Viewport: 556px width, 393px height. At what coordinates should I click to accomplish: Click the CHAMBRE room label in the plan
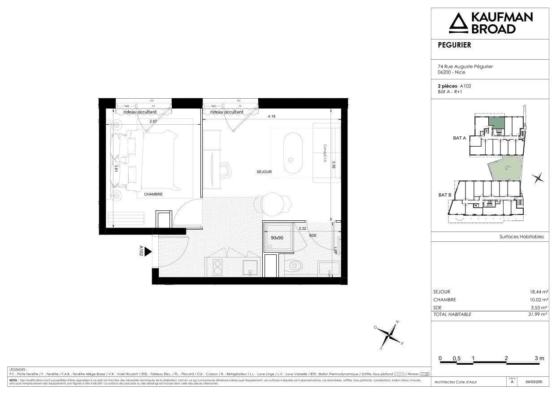[x=153, y=194]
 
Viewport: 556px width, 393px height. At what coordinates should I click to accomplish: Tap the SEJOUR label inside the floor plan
[x=265, y=172]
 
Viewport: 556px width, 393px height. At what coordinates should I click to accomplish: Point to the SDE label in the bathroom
[x=313, y=235]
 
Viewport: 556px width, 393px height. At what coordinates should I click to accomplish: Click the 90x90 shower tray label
[x=277, y=238]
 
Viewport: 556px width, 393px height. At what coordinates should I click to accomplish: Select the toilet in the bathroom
[x=294, y=266]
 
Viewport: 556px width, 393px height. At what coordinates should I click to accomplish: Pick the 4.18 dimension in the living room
[x=271, y=116]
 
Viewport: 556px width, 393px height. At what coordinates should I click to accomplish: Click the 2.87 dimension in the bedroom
[x=153, y=122]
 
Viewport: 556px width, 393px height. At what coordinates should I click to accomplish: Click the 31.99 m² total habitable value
[x=538, y=314]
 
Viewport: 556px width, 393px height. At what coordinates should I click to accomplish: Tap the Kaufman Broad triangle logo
[x=458, y=23]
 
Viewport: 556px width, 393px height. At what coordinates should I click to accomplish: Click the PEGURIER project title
[x=454, y=45]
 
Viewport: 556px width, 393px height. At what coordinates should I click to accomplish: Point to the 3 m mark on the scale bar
[x=539, y=358]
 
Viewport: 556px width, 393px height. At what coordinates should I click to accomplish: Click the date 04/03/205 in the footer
[x=536, y=382]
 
